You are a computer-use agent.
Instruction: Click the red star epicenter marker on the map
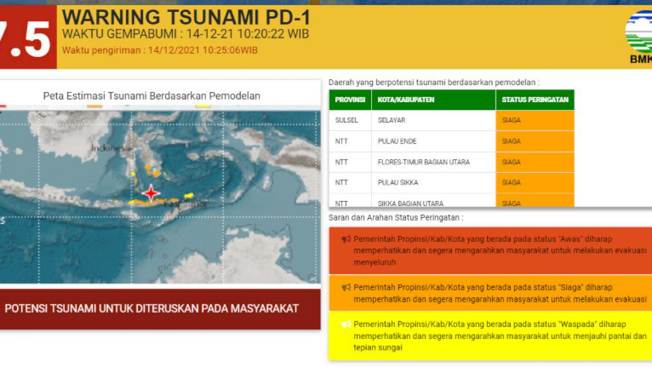[151, 193]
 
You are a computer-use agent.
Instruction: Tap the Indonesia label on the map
[111, 148]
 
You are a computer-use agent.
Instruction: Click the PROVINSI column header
[349, 100]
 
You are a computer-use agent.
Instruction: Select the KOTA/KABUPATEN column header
[406, 100]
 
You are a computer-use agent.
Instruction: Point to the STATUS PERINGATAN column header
[535, 100]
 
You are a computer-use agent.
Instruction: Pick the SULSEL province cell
[346, 120]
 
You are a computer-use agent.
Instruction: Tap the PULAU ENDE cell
[397, 141]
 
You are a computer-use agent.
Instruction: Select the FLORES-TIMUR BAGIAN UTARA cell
[424, 162]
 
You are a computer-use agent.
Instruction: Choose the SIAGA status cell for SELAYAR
[511, 120]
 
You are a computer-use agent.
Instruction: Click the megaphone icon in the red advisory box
[346, 239]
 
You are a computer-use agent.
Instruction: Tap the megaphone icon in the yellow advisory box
[346, 324]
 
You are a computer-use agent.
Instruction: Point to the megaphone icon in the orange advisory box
[346, 287]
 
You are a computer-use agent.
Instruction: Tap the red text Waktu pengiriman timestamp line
[160, 51]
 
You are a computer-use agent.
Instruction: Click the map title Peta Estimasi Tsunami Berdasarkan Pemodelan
[152, 96]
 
